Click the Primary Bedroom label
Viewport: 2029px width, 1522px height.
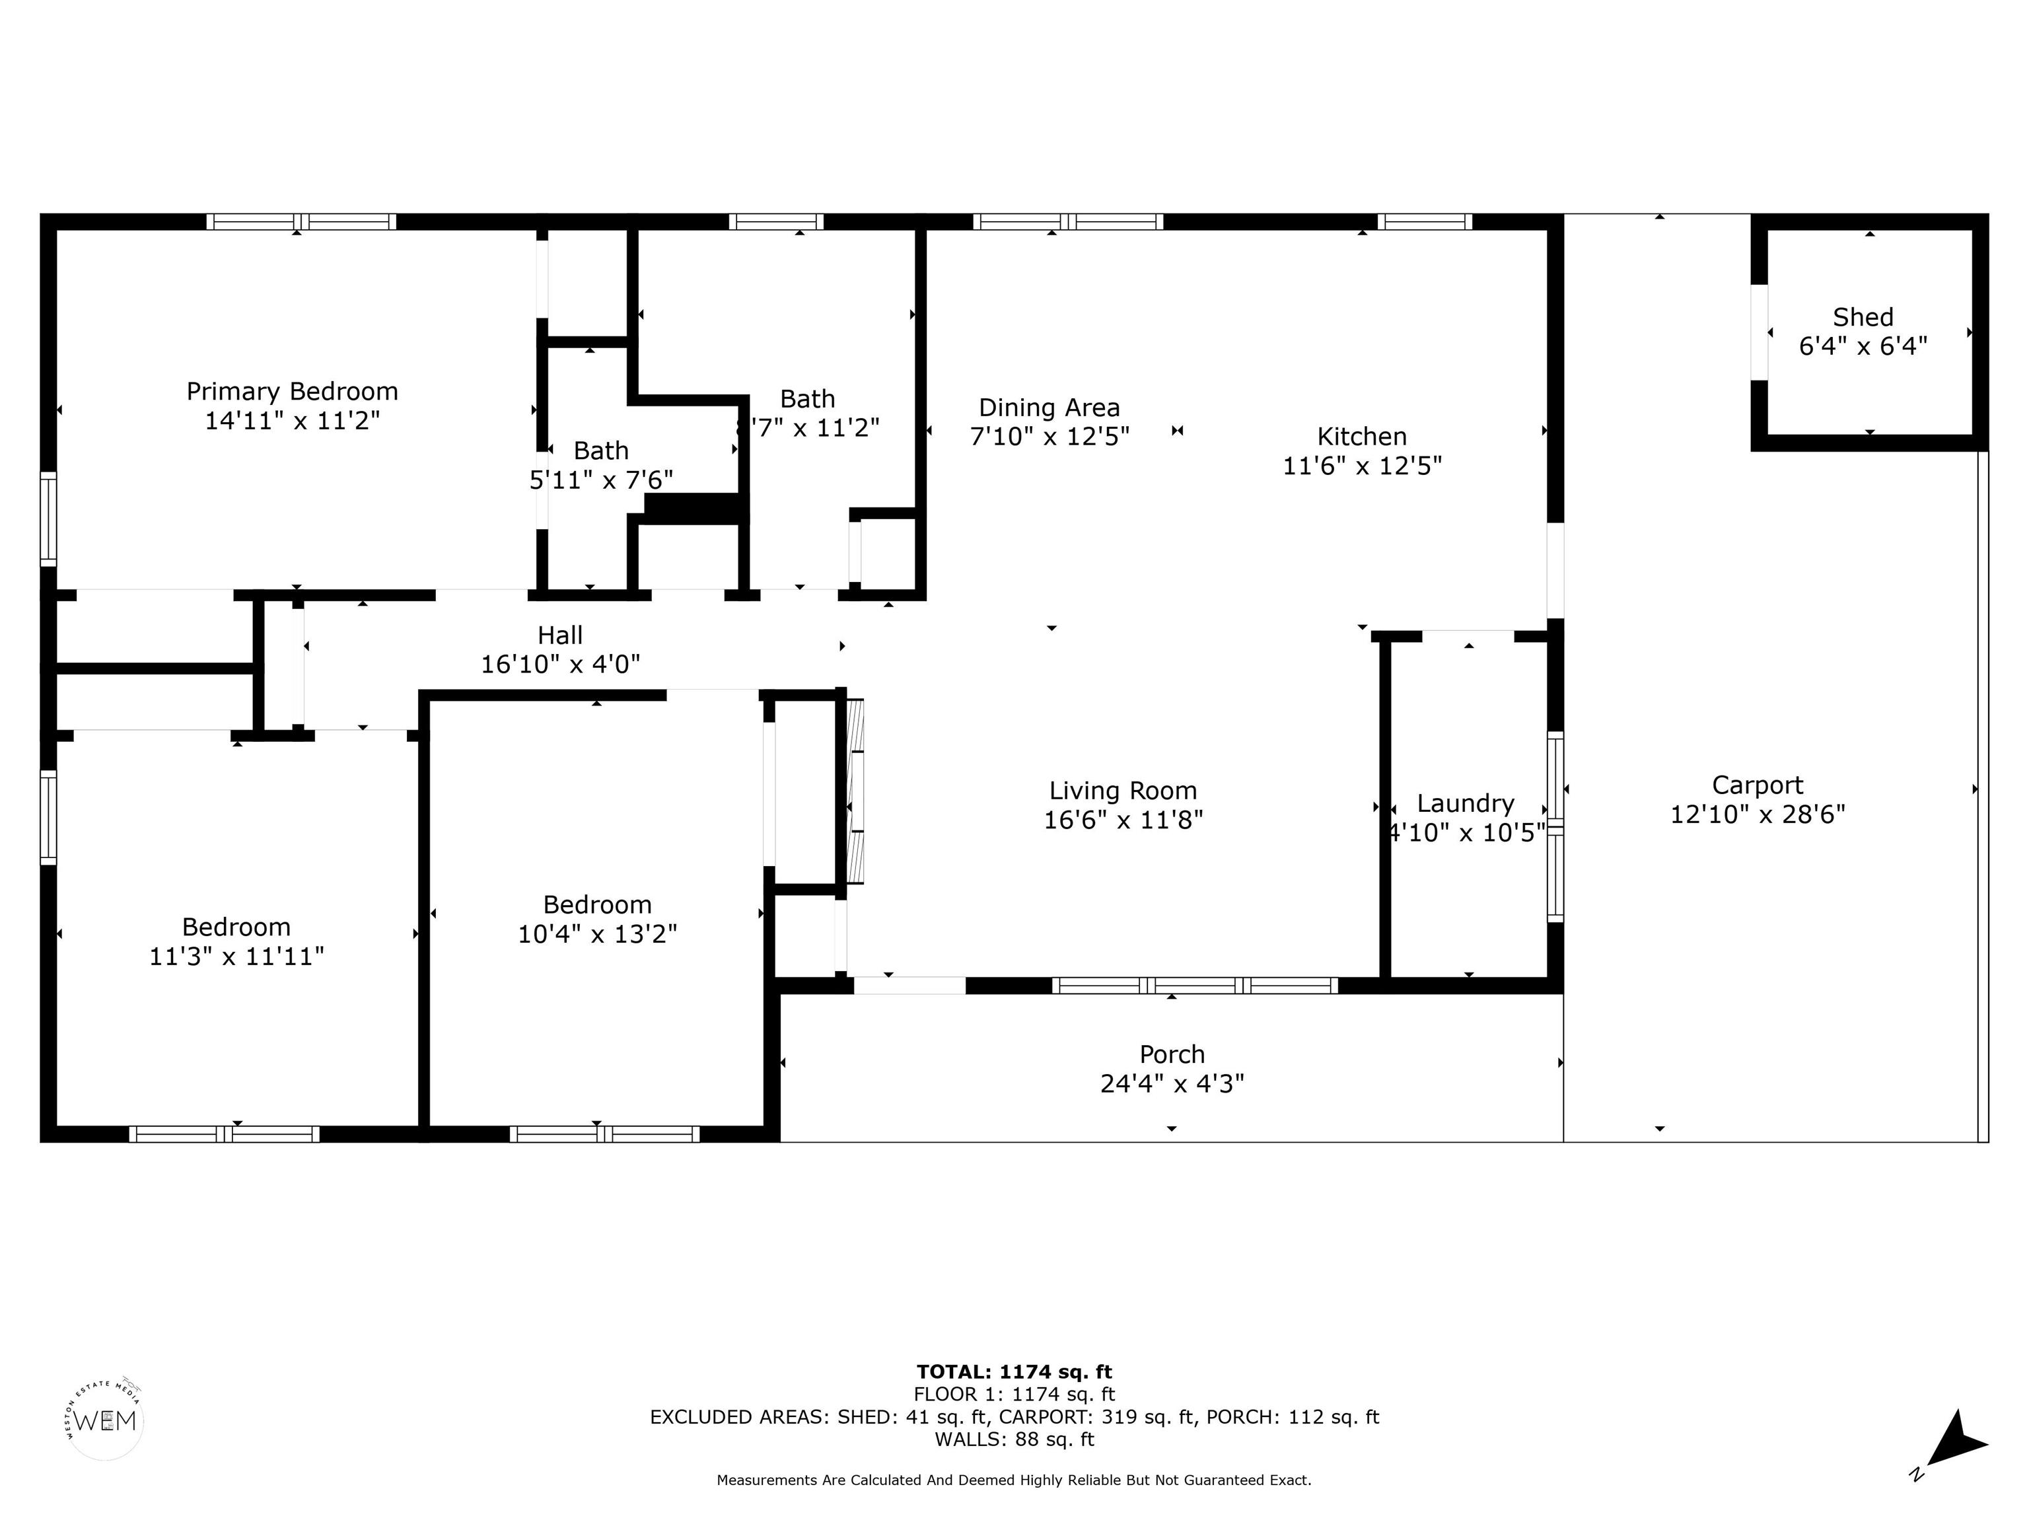point(293,392)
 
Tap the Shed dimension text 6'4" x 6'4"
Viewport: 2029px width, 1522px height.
point(1863,347)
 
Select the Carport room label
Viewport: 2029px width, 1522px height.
point(1758,785)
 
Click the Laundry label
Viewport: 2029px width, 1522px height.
point(1466,804)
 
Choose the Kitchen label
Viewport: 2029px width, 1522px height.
point(1362,437)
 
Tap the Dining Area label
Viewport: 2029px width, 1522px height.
point(1050,408)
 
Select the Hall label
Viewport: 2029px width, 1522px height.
point(561,635)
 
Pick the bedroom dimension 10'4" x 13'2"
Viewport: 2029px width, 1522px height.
point(598,934)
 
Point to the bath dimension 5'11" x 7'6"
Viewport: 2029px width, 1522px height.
point(602,480)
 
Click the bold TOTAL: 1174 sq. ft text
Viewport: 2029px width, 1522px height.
point(1014,1371)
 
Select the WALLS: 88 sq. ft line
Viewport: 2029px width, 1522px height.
point(1014,1439)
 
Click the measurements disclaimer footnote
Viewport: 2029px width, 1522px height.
point(1014,1480)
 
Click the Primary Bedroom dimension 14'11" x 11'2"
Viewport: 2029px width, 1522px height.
point(293,421)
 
